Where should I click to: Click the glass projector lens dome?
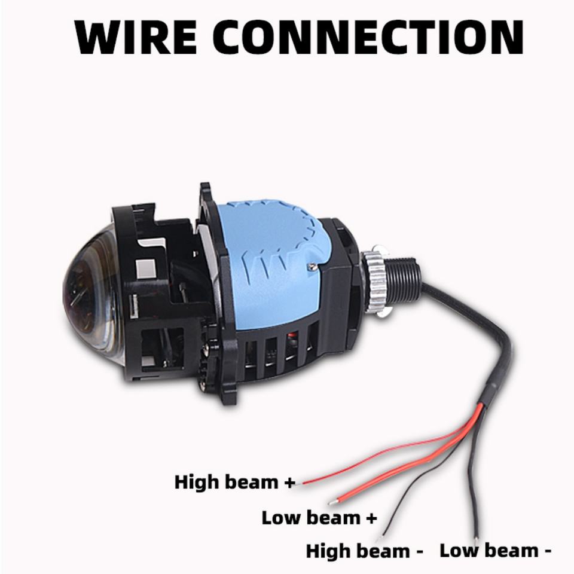click(x=90, y=305)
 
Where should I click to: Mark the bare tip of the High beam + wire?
click(x=304, y=481)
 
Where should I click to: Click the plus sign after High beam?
click(x=290, y=483)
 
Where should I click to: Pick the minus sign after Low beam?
click(x=547, y=551)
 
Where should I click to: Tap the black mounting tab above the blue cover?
click(x=206, y=197)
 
